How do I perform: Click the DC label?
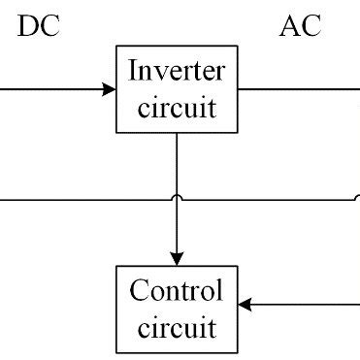(39, 25)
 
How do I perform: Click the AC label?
(299, 25)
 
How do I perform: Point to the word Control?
(176, 290)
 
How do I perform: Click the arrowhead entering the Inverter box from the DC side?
(109, 89)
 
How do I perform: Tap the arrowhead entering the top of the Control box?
(176, 257)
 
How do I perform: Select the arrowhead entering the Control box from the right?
(245, 305)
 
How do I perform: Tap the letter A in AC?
(288, 25)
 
